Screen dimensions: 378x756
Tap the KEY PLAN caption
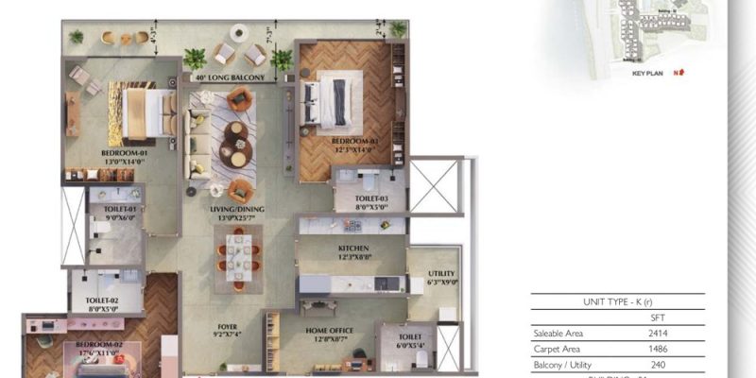point(651,71)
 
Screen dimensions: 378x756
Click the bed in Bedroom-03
point(325,101)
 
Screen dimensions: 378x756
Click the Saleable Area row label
point(560,334)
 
